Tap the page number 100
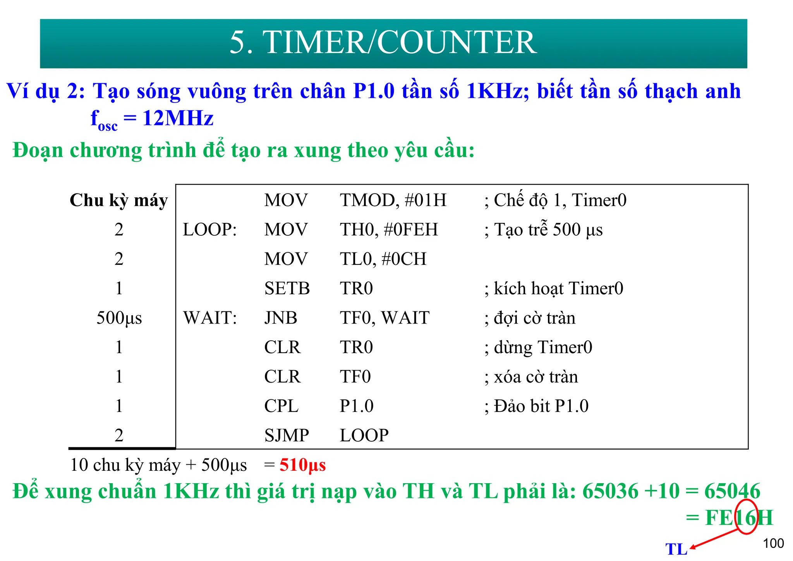tap(773, 543)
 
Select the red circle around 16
tap(746, 516)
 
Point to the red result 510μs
tap(302, 465)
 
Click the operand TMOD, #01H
tap(393, 200)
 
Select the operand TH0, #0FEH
tap(389, 230)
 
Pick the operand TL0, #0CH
tap(383, 259)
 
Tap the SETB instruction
tap(287, 288)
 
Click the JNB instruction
tap(281, 318)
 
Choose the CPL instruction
tap(281, 406)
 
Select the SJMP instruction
tap(287, 436)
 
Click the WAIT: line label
tap(210, 318)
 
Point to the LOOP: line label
tap(210, 230)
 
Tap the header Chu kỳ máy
tap(118, 201)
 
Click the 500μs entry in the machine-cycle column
tap(119, 318)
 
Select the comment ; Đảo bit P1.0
tap(536, 406)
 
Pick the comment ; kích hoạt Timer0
tap(554, 288)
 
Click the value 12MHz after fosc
tap(178, 118)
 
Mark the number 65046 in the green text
tap(732, 491)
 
